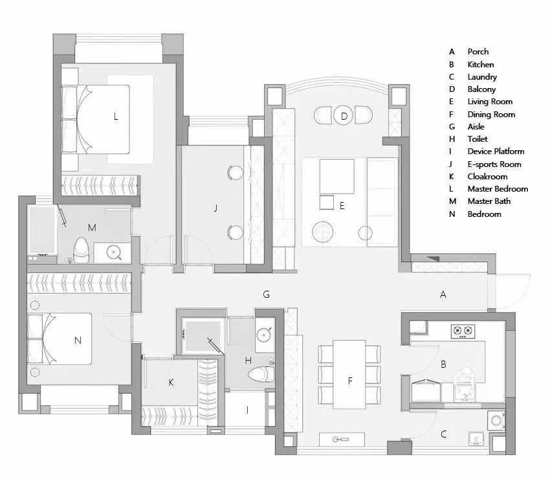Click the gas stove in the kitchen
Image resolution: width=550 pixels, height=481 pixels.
(x=463, y=331)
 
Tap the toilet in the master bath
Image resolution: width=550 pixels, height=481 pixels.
(x=82, y=251)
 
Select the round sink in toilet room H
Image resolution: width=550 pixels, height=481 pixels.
(x=263, y=335)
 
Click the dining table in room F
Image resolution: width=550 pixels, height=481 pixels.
(x=349, y=374)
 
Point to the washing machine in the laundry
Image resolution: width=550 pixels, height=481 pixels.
(x=496, y=420)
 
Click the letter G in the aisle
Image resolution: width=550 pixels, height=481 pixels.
(x=266, y=295)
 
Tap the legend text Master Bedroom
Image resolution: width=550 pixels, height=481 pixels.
(x=498, y=189)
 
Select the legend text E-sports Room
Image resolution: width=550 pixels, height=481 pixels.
(x=494, y=164)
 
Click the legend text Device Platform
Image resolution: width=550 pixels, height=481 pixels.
(x=496, y=151)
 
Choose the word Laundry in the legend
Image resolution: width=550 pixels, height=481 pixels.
(x=482, y=77)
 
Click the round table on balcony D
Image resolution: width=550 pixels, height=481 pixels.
(x=344, y=116)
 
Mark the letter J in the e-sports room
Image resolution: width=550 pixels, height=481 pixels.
(x=215, y=208)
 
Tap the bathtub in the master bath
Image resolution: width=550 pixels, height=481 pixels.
(x=42, y=230)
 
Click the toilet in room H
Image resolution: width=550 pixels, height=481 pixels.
(x=261, y=374)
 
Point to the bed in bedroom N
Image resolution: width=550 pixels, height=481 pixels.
(x=60, y=339)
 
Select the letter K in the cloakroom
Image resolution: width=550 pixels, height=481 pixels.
(x=171, y=383)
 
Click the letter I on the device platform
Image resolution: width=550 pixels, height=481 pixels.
(x=248, y=410)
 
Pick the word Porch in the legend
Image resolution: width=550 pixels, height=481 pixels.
(x=478, y=52)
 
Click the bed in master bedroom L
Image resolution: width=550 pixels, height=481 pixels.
(x=95, y=119)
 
